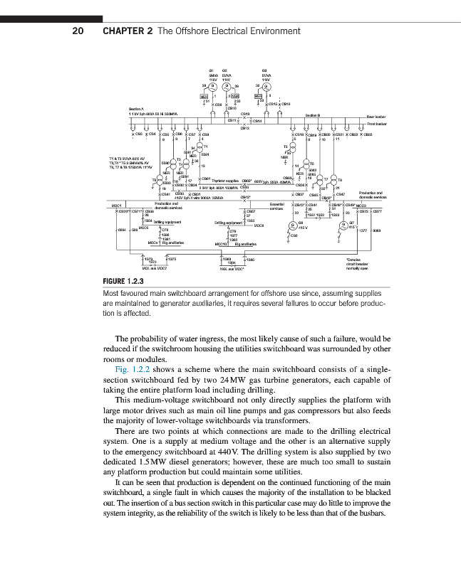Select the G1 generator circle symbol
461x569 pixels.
(x=212, y=85)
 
